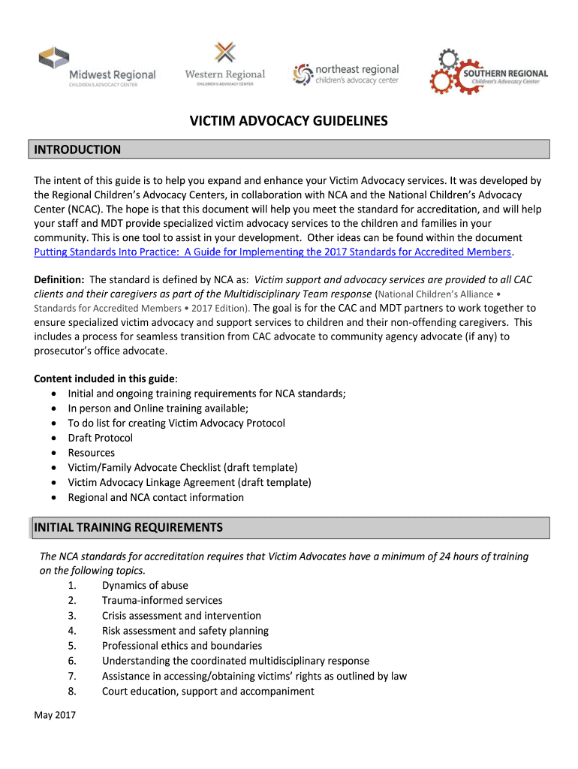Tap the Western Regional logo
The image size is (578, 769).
coord(224,65)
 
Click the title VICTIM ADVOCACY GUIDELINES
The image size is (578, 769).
coord(288,121)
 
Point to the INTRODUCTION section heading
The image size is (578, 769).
coord(77,149)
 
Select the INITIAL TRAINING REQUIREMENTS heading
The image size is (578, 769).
coord(128,527)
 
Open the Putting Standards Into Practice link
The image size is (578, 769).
coord(272,252)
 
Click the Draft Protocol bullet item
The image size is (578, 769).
coord(100,438)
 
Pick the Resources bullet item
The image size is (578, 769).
coord(92,453)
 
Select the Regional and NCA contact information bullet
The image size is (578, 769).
coord(155,497)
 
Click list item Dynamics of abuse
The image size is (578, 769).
coord(145,586)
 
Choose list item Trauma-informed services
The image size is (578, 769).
coord(162,601)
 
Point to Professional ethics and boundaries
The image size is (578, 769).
coord(182,646)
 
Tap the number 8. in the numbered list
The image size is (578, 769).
coord(72,691)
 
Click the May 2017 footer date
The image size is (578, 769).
coord(55,715)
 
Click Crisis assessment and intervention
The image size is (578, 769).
coord(182,616)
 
